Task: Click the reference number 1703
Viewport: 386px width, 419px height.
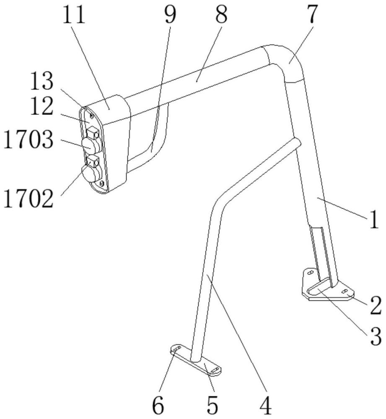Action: [x=28, y=140]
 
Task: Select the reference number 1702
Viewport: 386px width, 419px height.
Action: [x=28, y=199]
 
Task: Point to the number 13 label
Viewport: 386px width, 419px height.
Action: [x=41, y=82]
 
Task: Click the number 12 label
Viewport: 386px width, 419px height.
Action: [x=41, y=106]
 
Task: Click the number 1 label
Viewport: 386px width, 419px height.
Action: [x=374, y=219]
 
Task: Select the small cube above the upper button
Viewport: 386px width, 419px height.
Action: [x=93, y=132]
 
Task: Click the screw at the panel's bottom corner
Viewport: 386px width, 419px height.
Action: [x=101, y=184]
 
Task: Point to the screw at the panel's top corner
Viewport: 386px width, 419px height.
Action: [x=91, y=116]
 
